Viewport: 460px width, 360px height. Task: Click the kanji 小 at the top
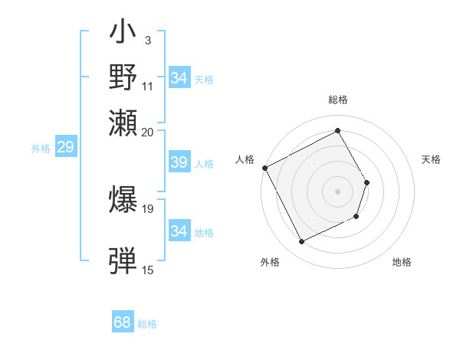click(x=123, y=35)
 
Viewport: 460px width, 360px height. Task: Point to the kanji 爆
click(x=123, y=198)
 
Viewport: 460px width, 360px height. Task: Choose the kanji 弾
click(x=123, y=260)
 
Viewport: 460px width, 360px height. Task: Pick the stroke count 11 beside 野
click(x=148, y=85)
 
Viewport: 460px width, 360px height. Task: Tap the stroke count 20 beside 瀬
click(x=148, y=132)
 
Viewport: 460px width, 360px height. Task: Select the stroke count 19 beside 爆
click(x=148, y=208)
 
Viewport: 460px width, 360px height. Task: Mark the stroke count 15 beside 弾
click(x=148, y=270)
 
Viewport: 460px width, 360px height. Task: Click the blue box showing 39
click(x=179, y=162)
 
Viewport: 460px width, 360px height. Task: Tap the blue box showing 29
click(x=65, y=148)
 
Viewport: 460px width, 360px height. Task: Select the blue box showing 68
click(x=122, y=322)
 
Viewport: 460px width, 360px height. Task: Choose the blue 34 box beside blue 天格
click(x=179, y=78)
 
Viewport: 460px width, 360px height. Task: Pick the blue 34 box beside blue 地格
click(x=179, y=231)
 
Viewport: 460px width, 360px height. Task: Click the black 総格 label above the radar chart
click(x=338, y=100)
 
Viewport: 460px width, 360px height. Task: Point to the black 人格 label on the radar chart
click(x=245, y=159)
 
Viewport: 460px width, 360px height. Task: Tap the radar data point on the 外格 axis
click(x=301, y=242)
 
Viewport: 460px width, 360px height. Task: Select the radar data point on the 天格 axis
click(x=367, y=182)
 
